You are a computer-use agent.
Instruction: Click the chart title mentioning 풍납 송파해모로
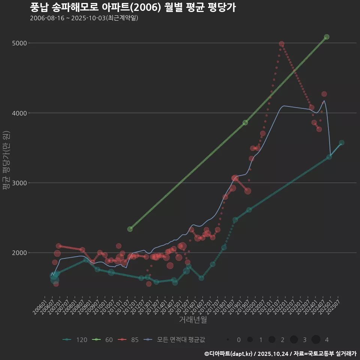click(133, 7)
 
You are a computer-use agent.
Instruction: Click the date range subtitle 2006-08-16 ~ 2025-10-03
click(84, 18)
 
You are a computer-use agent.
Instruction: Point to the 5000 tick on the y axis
click(19, 43)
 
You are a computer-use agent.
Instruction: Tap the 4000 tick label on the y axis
click(19, 113)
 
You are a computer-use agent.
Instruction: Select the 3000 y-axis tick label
click(19, 183)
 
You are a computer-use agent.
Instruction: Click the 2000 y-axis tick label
click(19, 253)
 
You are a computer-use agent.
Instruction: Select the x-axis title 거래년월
click(193, 319)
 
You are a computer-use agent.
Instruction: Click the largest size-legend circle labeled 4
click(316, 340)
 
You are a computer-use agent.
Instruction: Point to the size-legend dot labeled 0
click(228, 340)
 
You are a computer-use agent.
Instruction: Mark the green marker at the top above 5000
click(327, 37)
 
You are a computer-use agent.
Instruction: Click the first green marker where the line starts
click(130, 229)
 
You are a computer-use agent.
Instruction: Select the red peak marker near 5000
click(282, 44)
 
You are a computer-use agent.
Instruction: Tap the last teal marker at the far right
click(342, 142)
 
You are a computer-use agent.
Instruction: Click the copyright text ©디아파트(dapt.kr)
click(228, 354)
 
